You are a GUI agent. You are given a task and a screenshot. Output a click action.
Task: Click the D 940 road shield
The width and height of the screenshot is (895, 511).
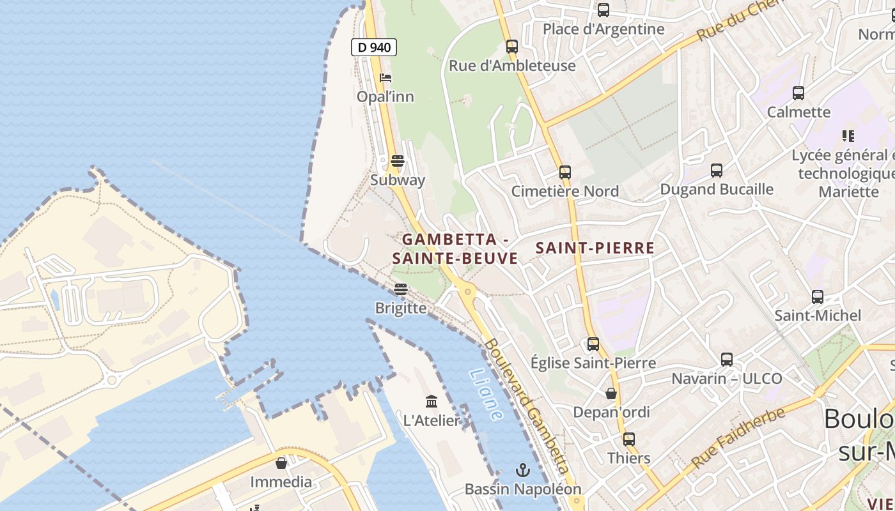click(374, 47)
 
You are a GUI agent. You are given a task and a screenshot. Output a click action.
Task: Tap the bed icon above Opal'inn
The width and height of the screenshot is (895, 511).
click(385, 78)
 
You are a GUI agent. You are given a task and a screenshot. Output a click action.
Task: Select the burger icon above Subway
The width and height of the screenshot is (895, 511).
click(398, 161)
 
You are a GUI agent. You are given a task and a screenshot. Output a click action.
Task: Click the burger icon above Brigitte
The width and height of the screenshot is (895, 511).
click(401, 289)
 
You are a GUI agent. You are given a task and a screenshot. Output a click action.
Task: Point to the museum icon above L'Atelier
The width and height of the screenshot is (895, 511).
click(432, 402)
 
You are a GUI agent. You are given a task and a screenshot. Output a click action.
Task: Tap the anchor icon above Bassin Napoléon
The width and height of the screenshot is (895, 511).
click(523, 471)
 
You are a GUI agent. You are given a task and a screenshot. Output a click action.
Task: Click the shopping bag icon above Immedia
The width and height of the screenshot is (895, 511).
click(281, 463)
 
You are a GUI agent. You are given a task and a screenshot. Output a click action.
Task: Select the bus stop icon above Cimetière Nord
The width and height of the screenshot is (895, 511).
click(565, 172)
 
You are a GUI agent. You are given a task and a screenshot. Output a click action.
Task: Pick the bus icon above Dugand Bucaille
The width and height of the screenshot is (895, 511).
click(717, 171)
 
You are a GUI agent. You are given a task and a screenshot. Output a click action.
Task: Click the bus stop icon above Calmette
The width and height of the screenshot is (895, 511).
click(798, 93)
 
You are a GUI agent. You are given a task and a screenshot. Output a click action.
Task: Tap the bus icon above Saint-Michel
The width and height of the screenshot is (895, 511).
click(818, 296)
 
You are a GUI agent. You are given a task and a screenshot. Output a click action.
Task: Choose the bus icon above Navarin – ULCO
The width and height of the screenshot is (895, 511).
click(727, 360)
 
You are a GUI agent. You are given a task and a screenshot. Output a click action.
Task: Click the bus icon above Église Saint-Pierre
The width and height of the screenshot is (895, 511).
click(593, 344)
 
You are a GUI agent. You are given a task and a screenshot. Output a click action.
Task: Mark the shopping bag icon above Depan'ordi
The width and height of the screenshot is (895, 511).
click(611, 393)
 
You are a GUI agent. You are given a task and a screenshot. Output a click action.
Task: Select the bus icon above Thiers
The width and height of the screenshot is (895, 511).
click(629, 439)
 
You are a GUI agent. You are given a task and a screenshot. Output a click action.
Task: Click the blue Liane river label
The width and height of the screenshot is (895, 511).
click(486, 394)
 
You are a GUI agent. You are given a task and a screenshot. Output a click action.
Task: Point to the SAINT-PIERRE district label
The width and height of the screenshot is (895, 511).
click(595, 248)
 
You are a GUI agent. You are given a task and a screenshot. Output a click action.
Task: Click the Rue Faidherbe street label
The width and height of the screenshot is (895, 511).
click(737, 438)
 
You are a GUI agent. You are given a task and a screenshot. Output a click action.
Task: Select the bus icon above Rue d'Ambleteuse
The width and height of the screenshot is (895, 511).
click(512, 47)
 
